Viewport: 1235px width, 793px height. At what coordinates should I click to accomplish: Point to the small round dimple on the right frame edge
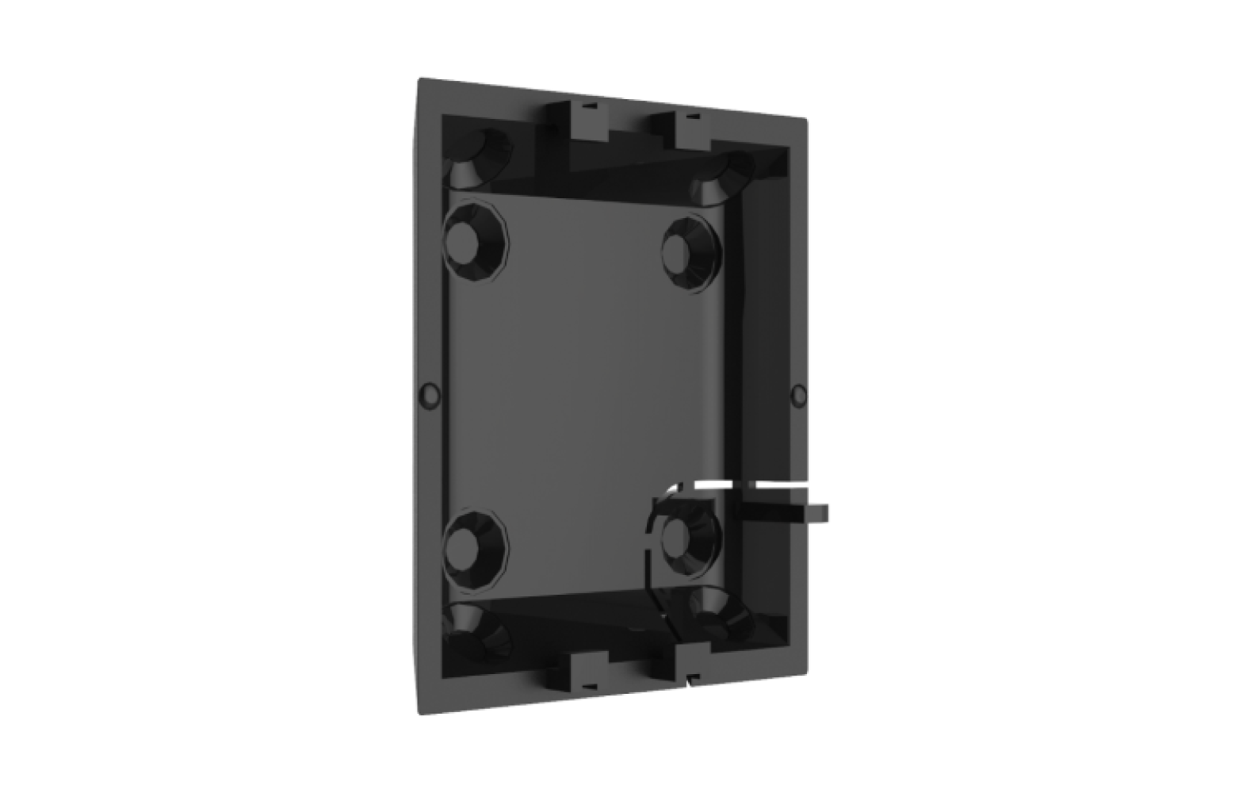pos(799,393)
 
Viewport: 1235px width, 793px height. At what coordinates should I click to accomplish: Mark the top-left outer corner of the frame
pos(419,77)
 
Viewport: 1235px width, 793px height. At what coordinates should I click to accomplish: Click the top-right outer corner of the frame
pos(808,120)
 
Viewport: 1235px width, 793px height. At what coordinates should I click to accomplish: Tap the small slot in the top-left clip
pos(587,102)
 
